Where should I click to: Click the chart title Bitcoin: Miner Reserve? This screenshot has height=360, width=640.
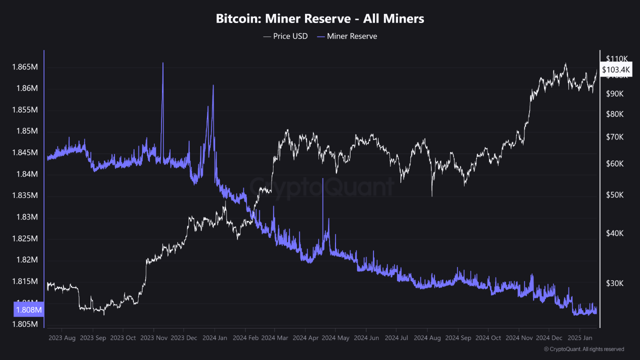point(320,19)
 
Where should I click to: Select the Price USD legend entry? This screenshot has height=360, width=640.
point(285,36)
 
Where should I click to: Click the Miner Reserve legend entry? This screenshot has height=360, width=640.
point(347,36)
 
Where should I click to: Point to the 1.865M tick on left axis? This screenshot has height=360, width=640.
point(25,67)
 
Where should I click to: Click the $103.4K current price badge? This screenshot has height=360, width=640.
point(616,70)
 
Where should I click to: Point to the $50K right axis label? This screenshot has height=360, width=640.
point(614,195)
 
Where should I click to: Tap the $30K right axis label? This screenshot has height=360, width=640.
point(614,283)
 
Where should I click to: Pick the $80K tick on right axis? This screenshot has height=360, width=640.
point(614,114)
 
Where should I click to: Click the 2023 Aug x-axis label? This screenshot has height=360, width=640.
point(62,338)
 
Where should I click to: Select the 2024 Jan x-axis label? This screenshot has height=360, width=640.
point(215,338)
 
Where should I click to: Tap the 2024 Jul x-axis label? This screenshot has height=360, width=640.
point(396,338)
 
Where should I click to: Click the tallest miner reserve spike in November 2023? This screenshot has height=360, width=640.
point(162,63)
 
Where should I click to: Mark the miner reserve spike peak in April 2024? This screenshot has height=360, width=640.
point(322,178)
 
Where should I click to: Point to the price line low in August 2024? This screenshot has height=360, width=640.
point(431,195)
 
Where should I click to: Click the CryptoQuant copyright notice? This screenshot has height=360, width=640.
point(583,349)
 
